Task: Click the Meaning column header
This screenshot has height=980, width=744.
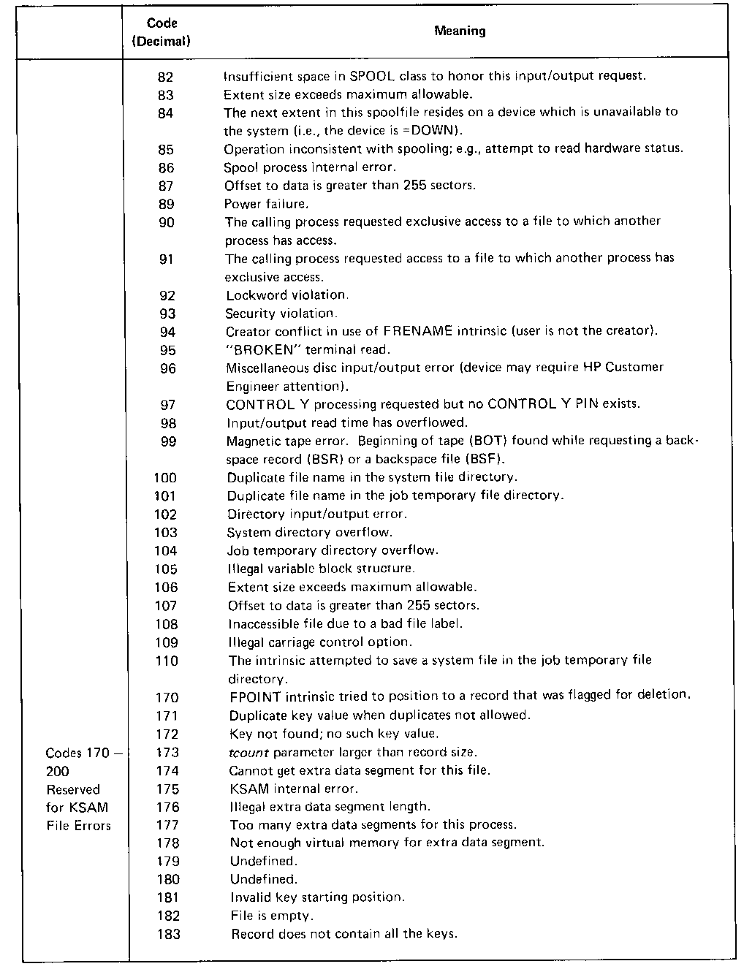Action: tap(460, 31)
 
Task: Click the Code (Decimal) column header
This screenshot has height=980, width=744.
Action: tap(162, 32)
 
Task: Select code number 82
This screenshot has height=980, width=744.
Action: tap(166, 77)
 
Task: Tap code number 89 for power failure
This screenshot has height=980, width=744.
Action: tap(167, 204)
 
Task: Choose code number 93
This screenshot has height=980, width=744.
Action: tap(168, 314)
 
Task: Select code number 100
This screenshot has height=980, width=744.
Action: tap(165, 478)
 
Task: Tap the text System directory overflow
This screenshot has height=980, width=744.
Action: tap(310, 532)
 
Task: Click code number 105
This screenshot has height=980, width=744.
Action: tap(166, 569)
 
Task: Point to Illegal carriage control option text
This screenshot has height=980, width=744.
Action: tap(320, 642)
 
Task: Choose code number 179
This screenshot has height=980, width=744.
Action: tap(167, 861)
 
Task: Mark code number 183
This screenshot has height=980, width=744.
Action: tap(168, 934)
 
